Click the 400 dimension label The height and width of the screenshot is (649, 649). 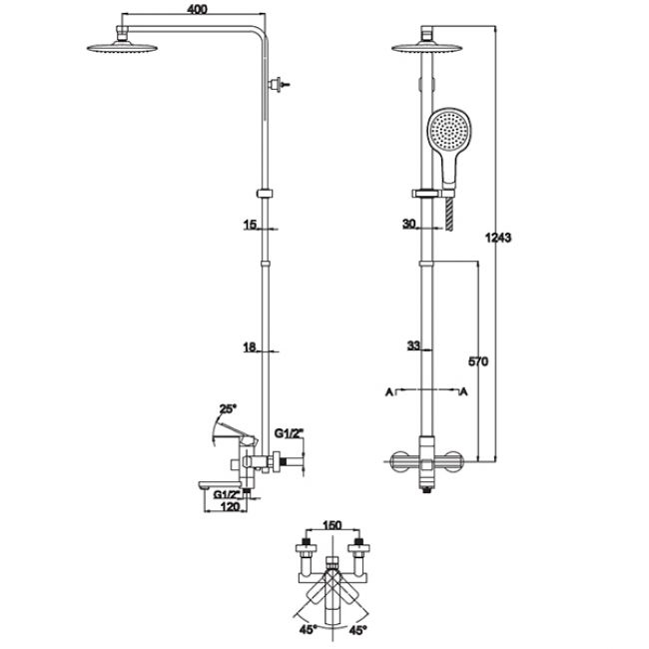(197, 9)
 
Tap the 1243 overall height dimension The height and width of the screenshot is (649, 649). (498, 238)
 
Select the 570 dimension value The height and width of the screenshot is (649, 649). (478, 361)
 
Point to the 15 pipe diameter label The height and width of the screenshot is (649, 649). (250, 225)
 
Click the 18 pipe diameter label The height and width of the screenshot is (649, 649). (250, 347)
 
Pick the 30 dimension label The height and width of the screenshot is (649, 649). (409, 224)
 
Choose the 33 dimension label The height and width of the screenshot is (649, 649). (413, 345)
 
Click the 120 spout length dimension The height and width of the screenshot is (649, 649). (230, 506)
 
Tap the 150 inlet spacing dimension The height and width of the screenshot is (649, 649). (331, 525)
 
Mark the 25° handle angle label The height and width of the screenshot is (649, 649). (228, 409)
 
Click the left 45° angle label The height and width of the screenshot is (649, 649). (308, 630)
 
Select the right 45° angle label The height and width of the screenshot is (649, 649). (358, 630)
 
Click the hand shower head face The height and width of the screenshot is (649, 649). (448, 131)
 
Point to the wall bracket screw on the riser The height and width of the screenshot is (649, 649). (280, 85)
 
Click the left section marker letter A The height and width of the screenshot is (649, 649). (389, 391)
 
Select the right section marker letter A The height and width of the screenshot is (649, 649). (464, 391)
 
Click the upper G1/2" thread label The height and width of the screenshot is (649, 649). (289, 433)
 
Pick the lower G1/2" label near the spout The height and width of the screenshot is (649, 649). (227, 494)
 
